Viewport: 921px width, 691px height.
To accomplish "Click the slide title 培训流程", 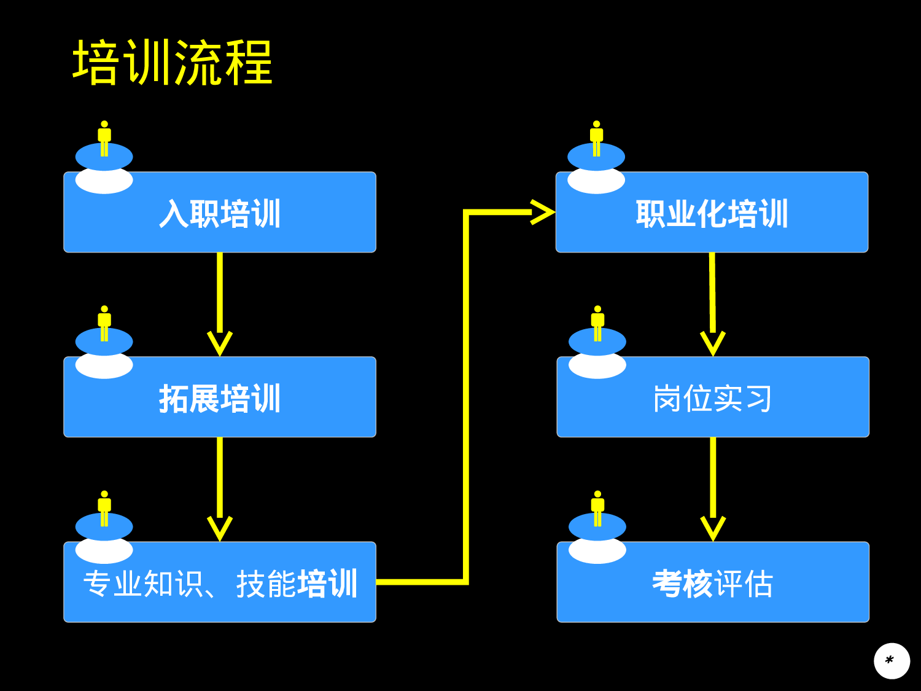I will tap(173, 63).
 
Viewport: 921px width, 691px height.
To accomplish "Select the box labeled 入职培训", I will tap(220, 213).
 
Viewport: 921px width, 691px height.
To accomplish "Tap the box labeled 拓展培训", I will tap(220, 397).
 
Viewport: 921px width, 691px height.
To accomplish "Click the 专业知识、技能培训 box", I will tap(220, 582).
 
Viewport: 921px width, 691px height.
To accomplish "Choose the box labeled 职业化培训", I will tap(712, 213).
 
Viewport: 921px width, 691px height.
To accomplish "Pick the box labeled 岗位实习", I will tap(712, 397).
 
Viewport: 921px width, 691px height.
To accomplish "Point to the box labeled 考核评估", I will tap(712, 582).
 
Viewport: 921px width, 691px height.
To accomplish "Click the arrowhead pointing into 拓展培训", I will tap(220, 343).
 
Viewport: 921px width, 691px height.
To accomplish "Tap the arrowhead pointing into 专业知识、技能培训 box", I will tap(220, 528).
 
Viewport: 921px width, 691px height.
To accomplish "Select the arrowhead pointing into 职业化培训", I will tap(543, 213).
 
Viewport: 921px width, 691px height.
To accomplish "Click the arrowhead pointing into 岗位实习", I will tap(713, 343).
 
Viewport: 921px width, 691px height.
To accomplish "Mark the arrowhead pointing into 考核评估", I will tap(713, 528).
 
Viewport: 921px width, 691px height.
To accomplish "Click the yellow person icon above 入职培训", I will tap(104, 138).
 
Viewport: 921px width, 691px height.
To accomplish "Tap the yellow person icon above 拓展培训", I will tap(104, 322).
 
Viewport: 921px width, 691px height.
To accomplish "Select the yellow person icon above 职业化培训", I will tap(596, 138).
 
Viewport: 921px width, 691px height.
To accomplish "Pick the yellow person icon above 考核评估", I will tap(597, 507).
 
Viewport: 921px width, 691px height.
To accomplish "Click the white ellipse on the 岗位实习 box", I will tap(597, 367).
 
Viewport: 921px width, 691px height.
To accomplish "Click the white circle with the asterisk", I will tap(892, 661).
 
